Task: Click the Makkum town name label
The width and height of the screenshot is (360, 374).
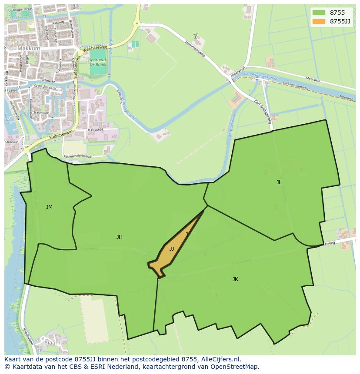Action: tap(29, 49)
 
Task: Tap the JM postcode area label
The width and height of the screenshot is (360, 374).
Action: tap(49, 207)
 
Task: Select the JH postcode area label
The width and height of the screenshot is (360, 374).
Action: tap(119, 237)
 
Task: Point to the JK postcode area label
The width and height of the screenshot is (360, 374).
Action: tap(235, 279)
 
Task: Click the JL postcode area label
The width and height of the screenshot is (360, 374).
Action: tap(279, 182)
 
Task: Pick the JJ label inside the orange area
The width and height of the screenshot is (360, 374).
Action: tap(172, 249)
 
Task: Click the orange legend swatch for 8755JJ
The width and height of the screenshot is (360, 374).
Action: tap(319, 21)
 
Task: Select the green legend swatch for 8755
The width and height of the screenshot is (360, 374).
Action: tap(319, 13)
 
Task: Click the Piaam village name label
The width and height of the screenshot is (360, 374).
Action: tap(53, 343)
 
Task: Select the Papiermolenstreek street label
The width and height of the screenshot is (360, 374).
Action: tap(77, 156)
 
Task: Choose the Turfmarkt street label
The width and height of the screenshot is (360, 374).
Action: tap(48, 81)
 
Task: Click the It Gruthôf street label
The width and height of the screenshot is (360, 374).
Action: tap(95, 129)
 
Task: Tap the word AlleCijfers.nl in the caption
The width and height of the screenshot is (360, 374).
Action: tap(221, 359)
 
